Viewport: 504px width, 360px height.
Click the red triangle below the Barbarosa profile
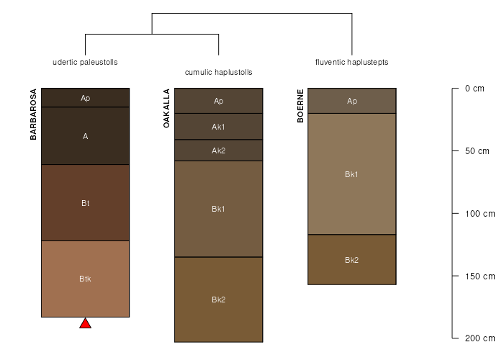tap(85, 324)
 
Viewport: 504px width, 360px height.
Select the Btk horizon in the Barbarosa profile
tap(85, 279)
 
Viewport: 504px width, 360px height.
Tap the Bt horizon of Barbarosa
tap(85, 203)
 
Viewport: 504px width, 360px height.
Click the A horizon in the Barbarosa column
tap(85, 135)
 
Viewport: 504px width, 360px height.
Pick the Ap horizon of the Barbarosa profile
tap(85, 98)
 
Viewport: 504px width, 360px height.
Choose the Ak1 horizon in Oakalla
tap(219, 126)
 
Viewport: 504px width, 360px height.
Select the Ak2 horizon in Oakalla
tap(219, 150)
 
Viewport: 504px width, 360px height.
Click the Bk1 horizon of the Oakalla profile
tap(219, 209)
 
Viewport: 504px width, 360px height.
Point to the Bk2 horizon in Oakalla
tap(219, 300)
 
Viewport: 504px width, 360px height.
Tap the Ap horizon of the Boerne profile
tap(352, 101)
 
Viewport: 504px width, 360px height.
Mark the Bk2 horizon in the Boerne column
tap(352, 260)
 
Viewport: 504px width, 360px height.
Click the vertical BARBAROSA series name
tap(33, 114)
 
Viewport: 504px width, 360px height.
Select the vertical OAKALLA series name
tap(166, 108)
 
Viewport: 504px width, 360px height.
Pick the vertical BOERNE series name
tap(300, 106)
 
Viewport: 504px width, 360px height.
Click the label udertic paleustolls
tap(85, 62)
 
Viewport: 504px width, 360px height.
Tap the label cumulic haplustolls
tap(219, 72)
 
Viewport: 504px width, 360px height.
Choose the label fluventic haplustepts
tap(351, 62)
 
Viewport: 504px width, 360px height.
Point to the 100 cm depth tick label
tap(480, 214)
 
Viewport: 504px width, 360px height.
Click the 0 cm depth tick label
tap(474, 89)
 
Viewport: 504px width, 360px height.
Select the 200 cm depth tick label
tap(480, 338)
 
